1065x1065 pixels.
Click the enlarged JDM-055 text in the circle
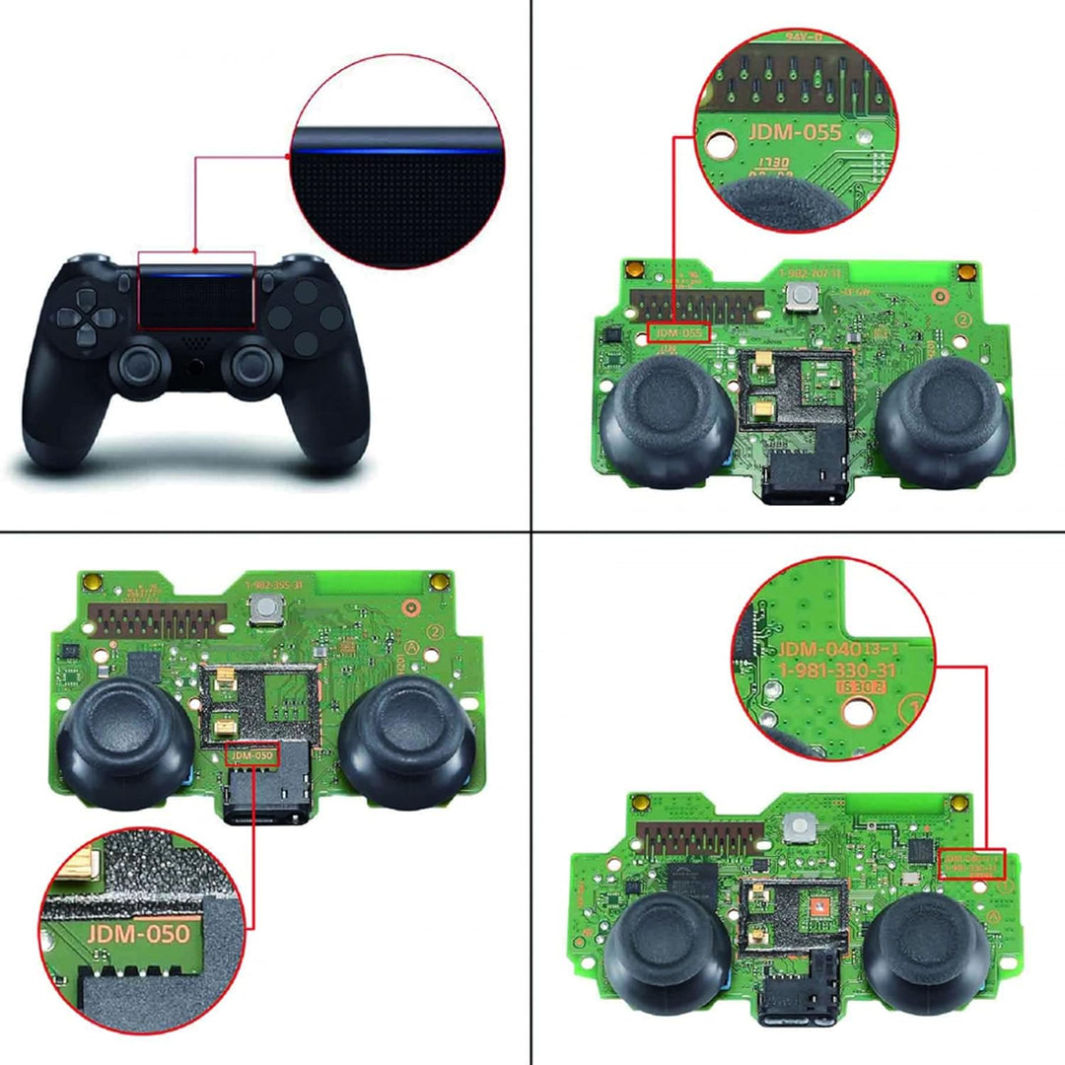click(794, 132)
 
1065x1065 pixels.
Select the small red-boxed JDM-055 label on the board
click(678, 332)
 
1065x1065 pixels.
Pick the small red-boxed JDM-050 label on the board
click(252, 755)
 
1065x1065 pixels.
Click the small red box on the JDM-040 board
click(972, 864)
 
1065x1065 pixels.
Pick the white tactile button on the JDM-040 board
click(797, 828)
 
